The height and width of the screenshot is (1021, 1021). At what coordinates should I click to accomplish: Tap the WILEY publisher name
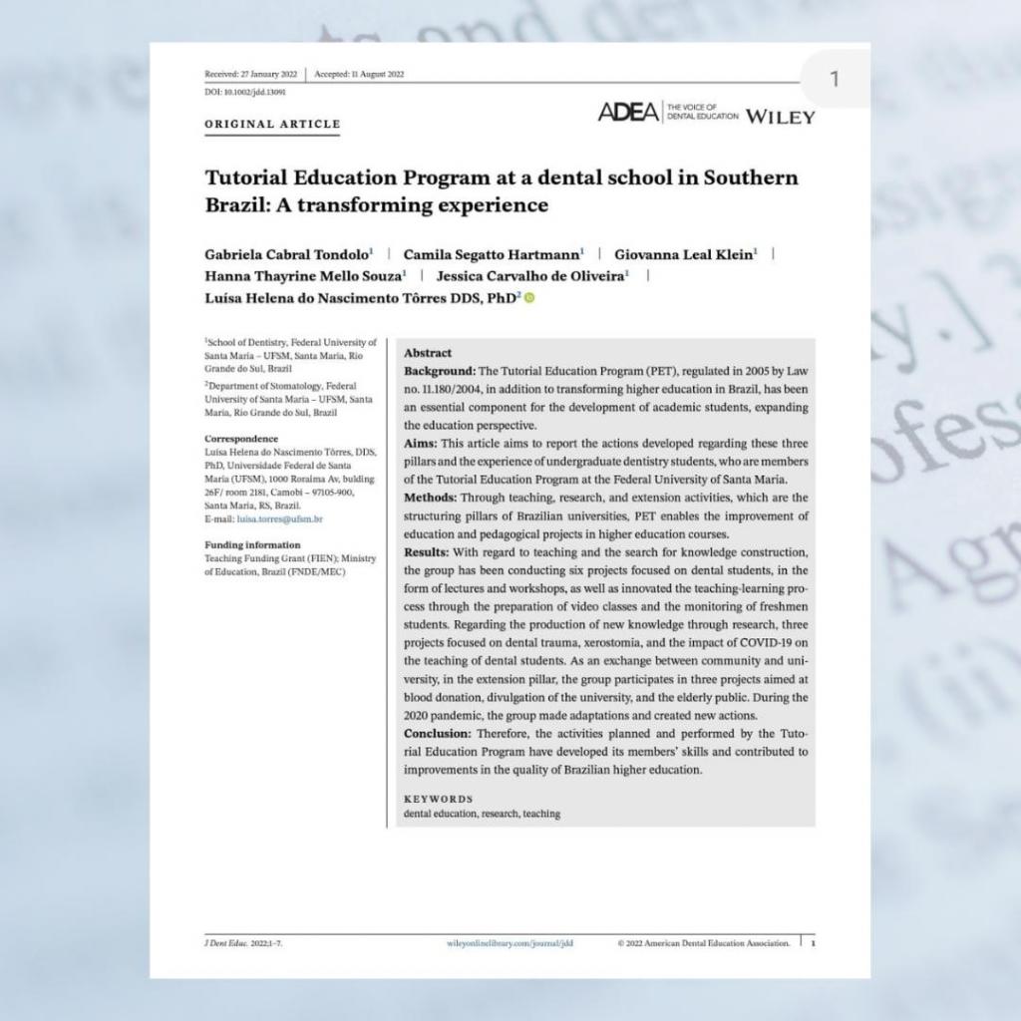click(780, 116)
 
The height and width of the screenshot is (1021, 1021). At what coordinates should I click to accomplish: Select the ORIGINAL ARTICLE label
click(272, 125)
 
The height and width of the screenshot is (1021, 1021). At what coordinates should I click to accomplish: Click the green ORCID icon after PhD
click(528, 298)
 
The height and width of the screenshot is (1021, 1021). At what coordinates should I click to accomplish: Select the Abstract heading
click(427, 353)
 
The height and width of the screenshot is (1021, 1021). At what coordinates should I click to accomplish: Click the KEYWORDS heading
click(438, 799)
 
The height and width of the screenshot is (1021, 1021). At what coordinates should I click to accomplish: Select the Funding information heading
click(251, 545)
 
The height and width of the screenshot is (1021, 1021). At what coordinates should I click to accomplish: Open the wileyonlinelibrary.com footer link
click(510, 941)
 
